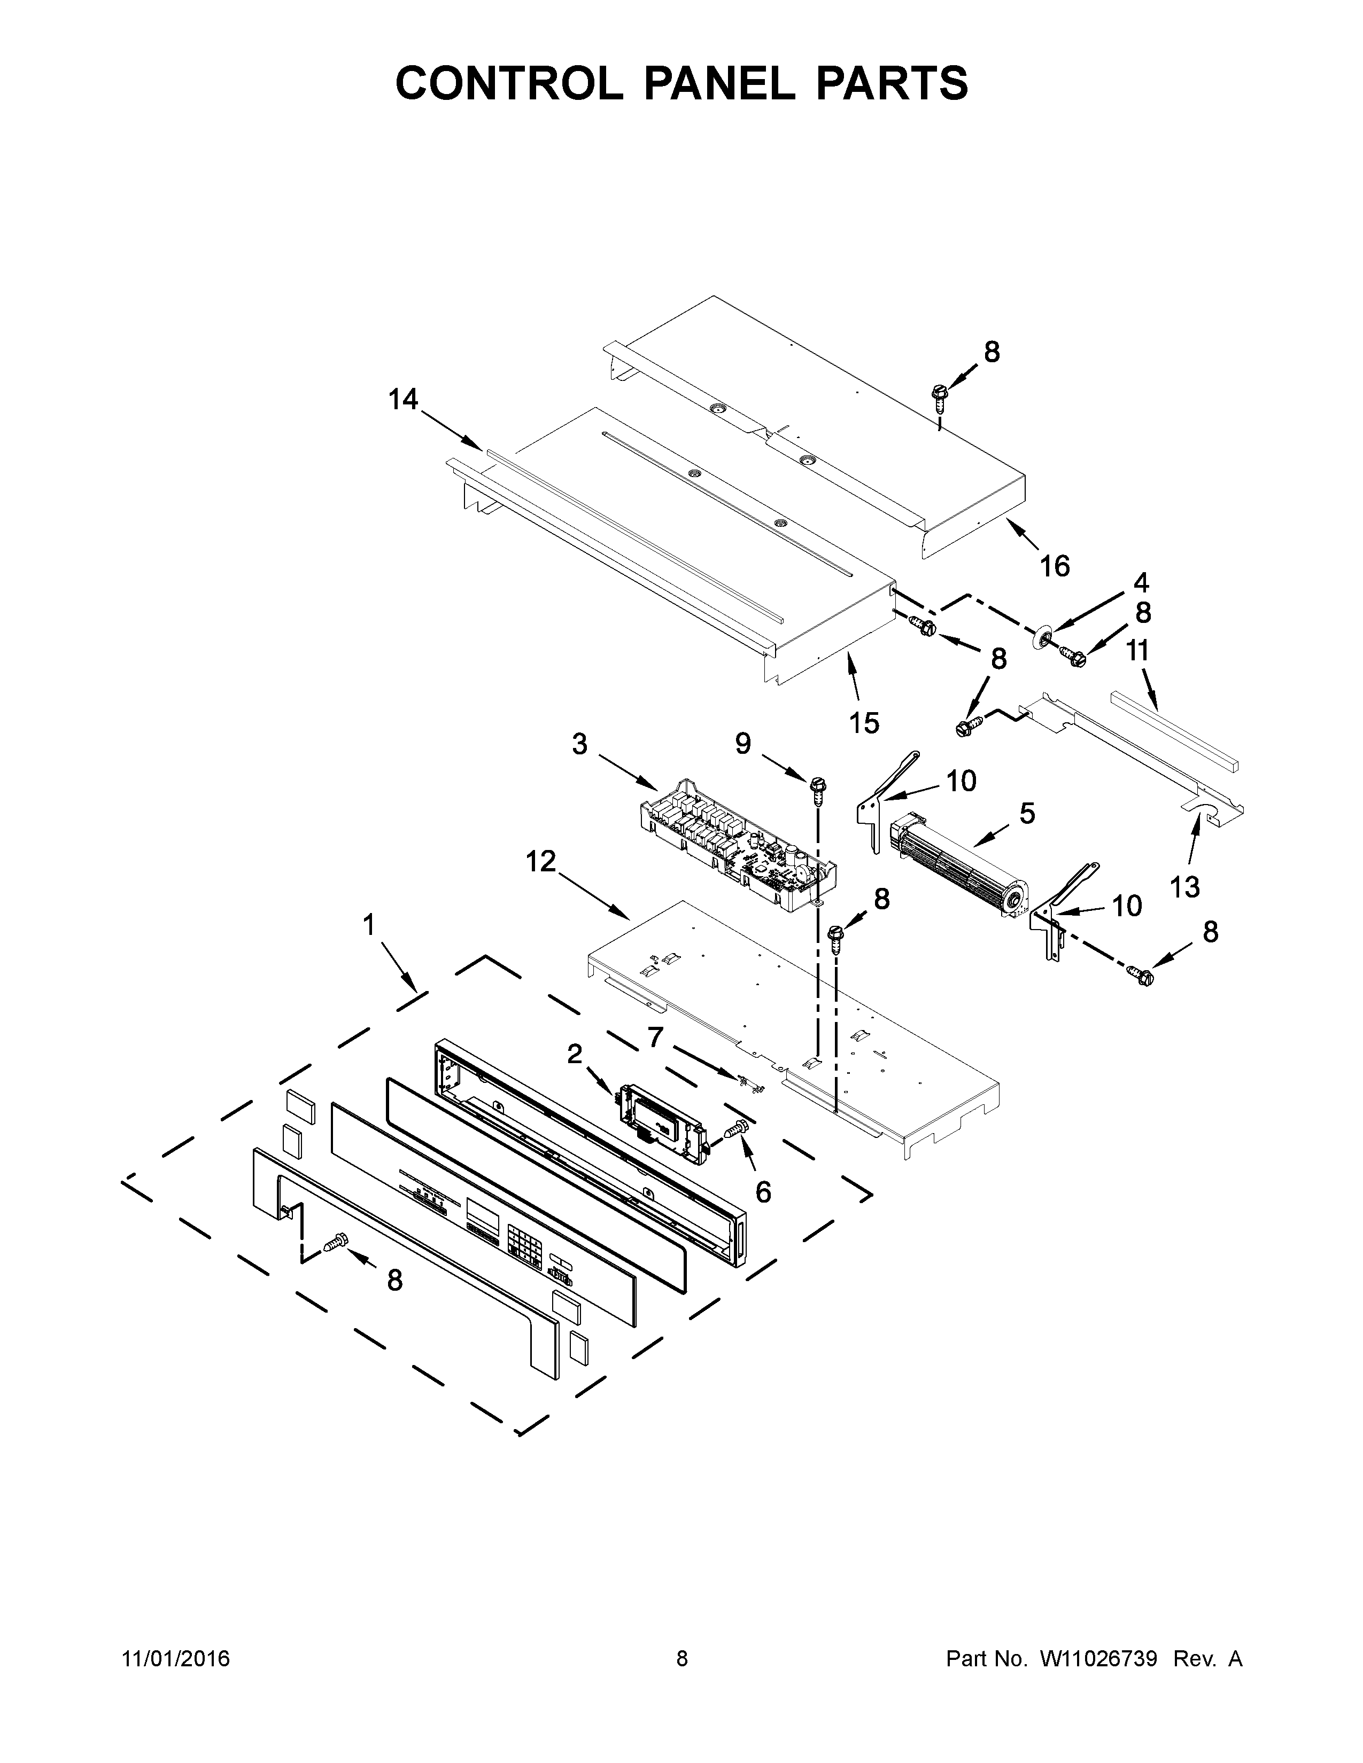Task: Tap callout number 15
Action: pos(863,722)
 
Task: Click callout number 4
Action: pos(1140,582)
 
